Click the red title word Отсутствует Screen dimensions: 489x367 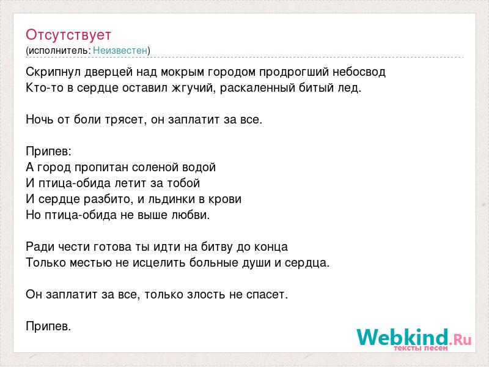[68, 35]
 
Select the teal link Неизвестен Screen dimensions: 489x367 [120, 50]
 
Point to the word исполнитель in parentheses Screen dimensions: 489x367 [59, 51]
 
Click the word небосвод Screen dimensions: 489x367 [359, 72]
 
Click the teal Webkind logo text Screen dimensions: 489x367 [403, 337]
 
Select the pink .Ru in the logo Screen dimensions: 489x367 [460, 339]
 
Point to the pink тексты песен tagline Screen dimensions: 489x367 [421, 347]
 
